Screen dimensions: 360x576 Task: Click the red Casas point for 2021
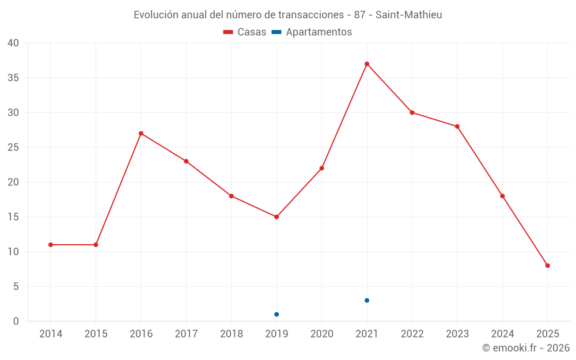pyautogui.click(x=367, y=64)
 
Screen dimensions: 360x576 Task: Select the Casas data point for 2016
pyautogui.click(x=141, y=134)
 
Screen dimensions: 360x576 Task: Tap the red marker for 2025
pyautogui.click(x=548, y=266)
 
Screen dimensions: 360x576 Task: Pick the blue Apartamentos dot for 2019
pyautogui.click(x=276, y=314)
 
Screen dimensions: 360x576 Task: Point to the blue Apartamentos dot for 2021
pyautogui.click(x=367, y=301)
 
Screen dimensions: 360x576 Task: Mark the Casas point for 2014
pyautogui.click(x=51, y=245)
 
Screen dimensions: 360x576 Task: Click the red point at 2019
pyautogui.click(x=276, y=217)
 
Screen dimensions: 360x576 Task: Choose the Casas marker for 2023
pyautogui.click(x=457, y=127)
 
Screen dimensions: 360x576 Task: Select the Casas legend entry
pyautogui.click(x=245, y=32)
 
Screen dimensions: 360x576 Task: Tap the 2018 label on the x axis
pyautogui.click(x=232, y=334)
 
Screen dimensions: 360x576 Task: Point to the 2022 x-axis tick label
pyautogui.click(x=412, y=334)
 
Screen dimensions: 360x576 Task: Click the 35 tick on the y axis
pyautogui.click(x=13, y=78)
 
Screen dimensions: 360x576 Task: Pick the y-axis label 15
pyautogui.click(x=13, y=217)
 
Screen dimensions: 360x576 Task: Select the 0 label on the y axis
pyautogui.click(x=16, y=321)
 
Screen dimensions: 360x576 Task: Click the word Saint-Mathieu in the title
pyautogui.click(x=409, y=15)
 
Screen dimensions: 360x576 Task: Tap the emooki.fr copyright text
pyautogui.click(x=526, y=348)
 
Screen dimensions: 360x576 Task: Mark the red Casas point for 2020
pyautogui.click(x=322, y=168)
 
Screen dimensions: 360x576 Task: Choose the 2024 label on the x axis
pyautogui.click(x=503, y=334)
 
